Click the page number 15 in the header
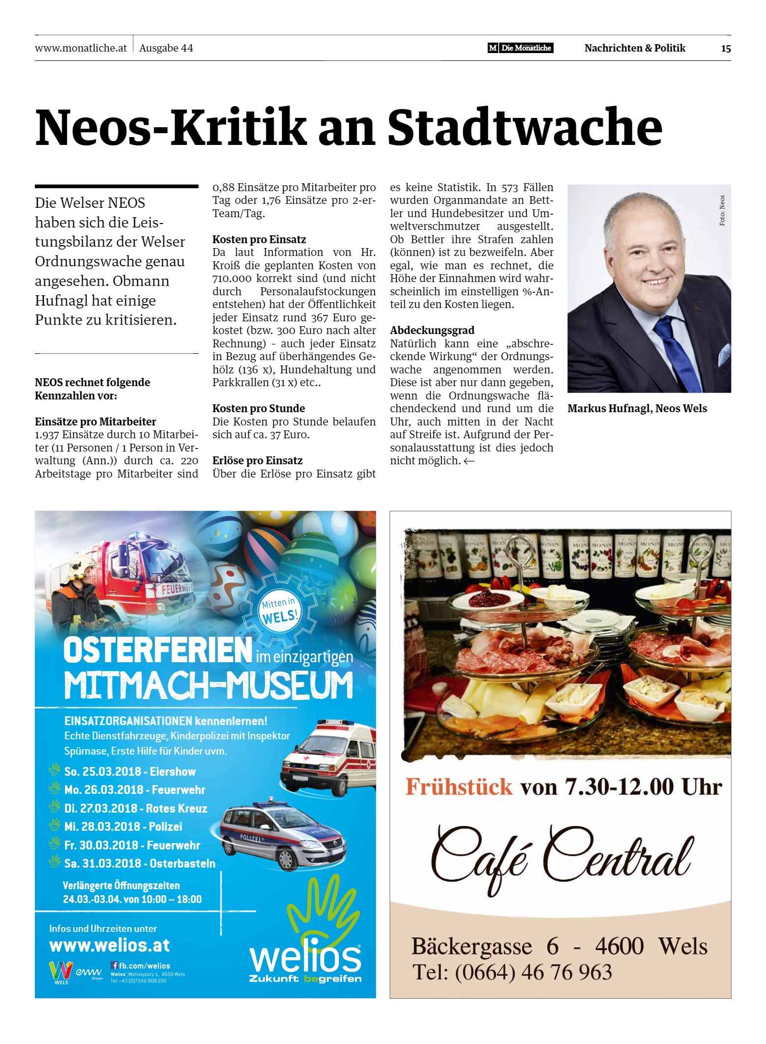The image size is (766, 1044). click(726, 48)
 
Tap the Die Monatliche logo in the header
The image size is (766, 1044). click(520, 48)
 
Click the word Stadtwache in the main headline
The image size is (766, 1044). click(525, 127)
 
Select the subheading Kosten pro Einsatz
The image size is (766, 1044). click(259, 239)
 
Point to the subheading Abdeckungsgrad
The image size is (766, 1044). click(432, 330)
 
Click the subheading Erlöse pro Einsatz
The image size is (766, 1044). click(257, 460)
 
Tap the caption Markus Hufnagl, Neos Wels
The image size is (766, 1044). click(637, 408)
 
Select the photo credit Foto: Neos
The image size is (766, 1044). click(722, 210)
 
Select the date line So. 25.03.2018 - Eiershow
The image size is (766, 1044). click(130, 771)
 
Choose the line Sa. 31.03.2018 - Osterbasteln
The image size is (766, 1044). click(140, 863)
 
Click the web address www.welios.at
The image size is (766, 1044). click(109, 945)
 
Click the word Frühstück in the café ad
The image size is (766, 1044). click(458, 787)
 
